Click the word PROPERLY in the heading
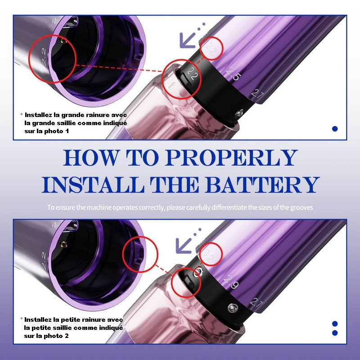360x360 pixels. pyautogui.click(x=231, y=157)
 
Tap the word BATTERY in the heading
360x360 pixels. pyautogui.click(x=262, y=185)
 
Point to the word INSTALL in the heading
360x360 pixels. pyautogui.click(x=93, y=185)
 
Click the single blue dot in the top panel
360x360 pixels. pyautogui.click(x=335, y=129)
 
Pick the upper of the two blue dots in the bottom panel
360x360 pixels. pyautogui.click(x=335, y=324)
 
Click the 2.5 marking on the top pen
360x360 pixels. pyautogui.click(x=234, y=74)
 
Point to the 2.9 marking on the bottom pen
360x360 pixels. pyautogui.click(x=231, y=282)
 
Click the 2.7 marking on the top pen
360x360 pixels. pyautogui.click(x=257, y=94)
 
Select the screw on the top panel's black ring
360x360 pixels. pyautogui.click(x=239, y=113)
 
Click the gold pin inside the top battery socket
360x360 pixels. pyautogui.click(x=63, y=40)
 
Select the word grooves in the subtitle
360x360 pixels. pyautogui.click(x=301, y=207)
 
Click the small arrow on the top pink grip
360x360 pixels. pyautogui.click(x=171, y=85)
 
